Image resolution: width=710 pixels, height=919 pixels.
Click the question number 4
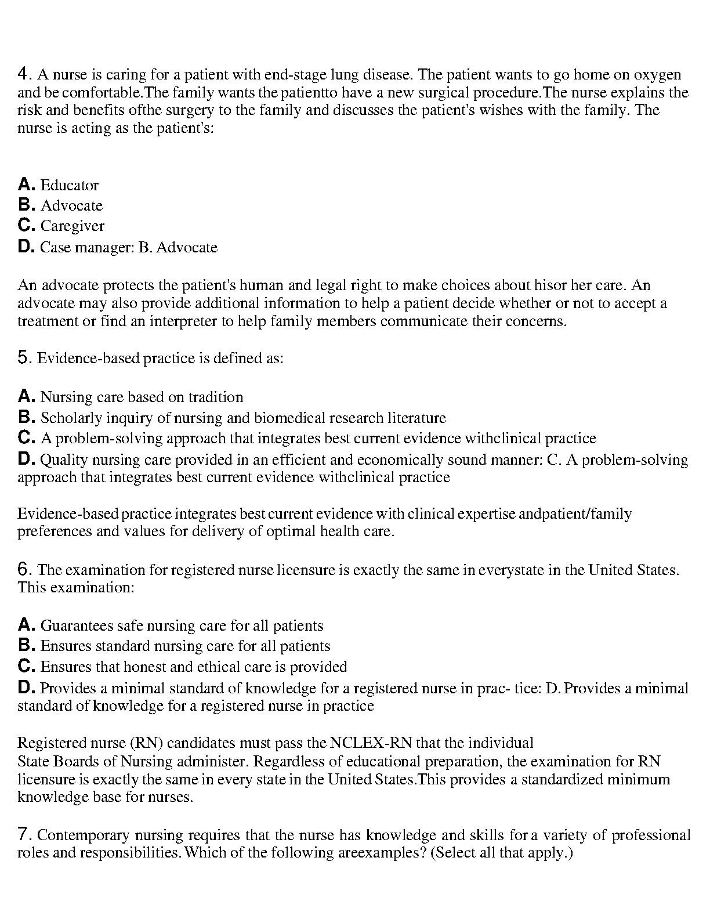[x=23, y=74]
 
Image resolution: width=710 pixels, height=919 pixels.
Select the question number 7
[x=23, y=835]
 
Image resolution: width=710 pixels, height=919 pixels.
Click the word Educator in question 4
[x=70, y=185]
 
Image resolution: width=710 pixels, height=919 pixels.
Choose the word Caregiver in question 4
[x=73, y=226]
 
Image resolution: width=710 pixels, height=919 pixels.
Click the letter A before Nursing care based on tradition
[x=27, y=397]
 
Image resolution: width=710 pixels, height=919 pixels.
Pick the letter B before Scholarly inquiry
[x=27, y=418]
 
